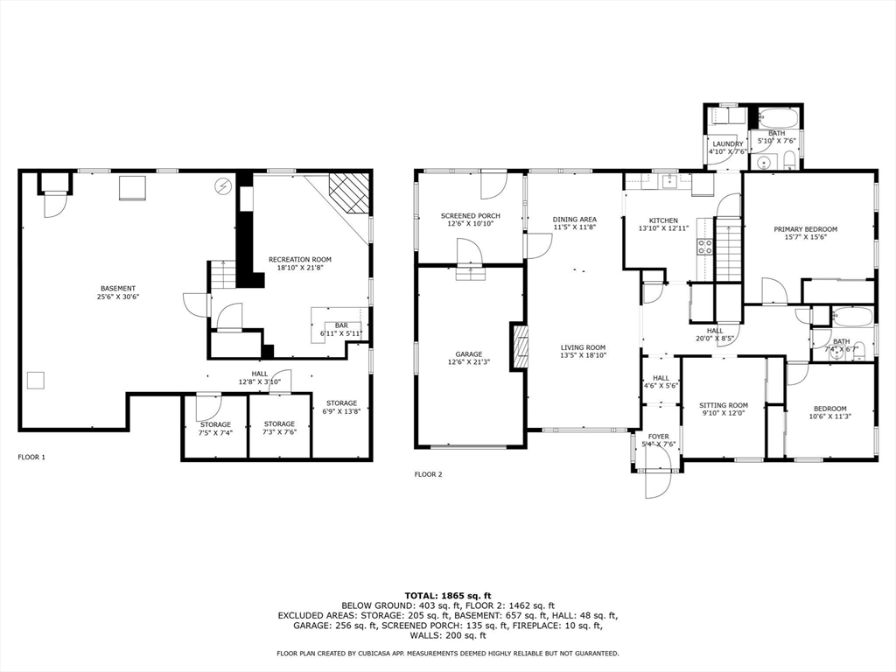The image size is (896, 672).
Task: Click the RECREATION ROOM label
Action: point(300,259)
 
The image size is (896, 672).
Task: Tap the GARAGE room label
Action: point(469,354)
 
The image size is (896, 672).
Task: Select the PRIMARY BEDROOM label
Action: point(805,229)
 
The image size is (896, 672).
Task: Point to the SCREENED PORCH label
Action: point(470,216)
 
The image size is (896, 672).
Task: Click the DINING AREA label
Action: point(574,220)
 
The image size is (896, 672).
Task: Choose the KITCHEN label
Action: point(663,220)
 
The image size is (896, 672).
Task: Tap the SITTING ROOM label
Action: point(724,406)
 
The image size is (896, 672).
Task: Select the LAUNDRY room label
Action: point(728,144)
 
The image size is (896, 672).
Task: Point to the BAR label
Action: point(341,325)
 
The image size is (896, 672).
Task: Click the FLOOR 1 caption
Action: point(31,457)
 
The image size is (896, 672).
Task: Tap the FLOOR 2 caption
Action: point(428,474)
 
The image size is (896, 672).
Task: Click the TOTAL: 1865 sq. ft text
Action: point(448,596)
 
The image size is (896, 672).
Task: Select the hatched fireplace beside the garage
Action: point(521,348)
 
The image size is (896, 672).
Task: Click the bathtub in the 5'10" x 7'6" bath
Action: point(778,118)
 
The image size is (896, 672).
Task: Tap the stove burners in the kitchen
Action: point(704,246)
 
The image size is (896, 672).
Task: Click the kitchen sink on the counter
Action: point(668,182)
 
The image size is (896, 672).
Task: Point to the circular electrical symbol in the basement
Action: point(221,185)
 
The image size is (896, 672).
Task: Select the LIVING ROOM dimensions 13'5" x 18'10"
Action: point(583,355)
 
